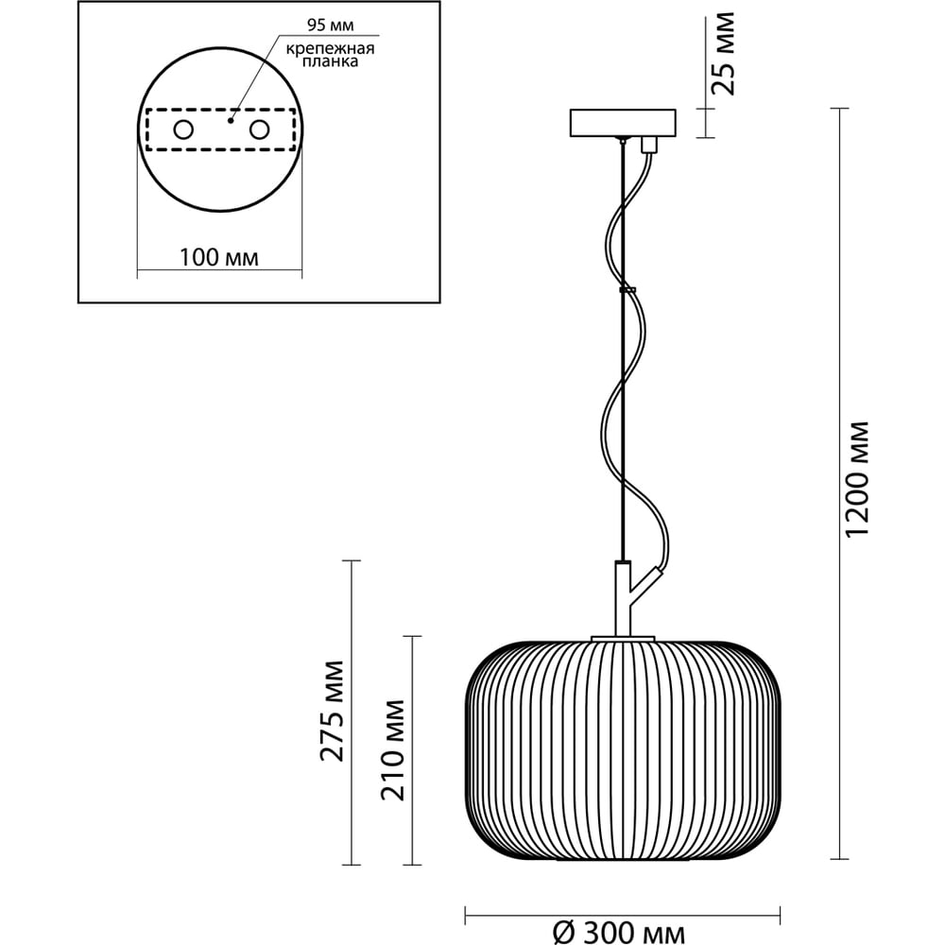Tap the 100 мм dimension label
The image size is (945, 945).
[x=218, y=257]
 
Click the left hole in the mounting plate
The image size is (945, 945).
[x=182, y=129]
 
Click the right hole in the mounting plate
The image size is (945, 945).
[x=258, y=129]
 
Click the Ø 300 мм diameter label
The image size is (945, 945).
[x=617, y=934]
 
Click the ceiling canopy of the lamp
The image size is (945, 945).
[x=623, y=123]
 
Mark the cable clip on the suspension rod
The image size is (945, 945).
[x=626, y=290]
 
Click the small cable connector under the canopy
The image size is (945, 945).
[x=648, y=145]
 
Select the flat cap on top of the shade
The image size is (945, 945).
[x=622, y=638]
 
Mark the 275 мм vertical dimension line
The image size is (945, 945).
[x=352, y=713]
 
